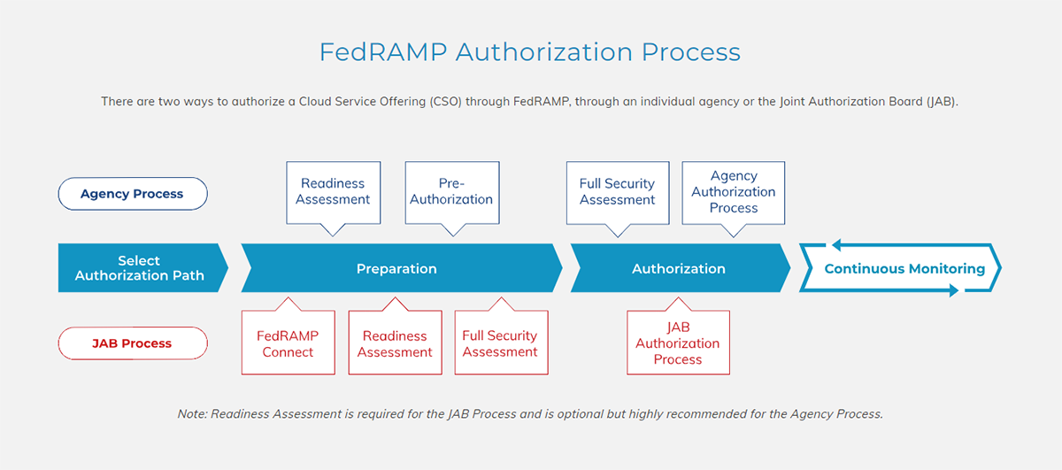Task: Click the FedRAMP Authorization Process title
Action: (529, 52)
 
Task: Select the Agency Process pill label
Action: (132, 194)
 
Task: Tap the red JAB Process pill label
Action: (132, 343)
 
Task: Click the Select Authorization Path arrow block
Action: (140, 268)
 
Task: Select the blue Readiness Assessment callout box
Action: (333, 191)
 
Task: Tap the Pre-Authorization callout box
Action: (451, 191)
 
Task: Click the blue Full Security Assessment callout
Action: (617, 191)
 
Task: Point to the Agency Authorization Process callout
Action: (733, 191)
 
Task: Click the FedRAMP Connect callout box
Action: (288, 343)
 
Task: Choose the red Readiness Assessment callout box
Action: (395, 343)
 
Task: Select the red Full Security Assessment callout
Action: (500, 343)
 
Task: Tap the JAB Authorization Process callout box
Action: (678, 343)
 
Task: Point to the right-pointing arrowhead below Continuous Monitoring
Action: (952, 290)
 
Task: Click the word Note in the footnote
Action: (191, 413)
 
